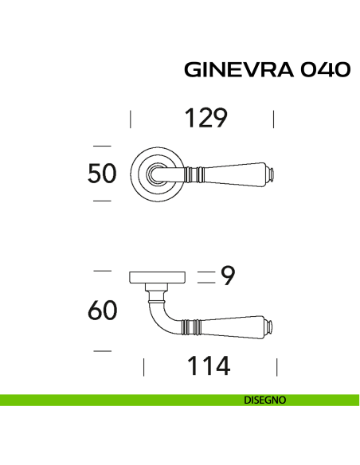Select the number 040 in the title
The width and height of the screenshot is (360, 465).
324,70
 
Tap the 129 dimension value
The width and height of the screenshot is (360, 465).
206,119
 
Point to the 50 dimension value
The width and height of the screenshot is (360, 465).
103,173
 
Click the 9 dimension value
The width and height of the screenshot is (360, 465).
228,276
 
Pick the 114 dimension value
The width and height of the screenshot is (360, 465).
208,366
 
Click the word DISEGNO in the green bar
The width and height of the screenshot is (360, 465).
265,401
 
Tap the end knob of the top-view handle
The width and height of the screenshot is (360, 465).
271,173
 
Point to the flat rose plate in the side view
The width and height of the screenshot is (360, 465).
157,277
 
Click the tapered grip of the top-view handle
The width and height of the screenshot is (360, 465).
236,173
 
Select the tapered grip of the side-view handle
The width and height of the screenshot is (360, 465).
234,325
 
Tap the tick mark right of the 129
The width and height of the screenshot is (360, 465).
273,119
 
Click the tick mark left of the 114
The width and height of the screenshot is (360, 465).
143,366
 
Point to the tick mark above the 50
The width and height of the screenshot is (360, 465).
101,145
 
